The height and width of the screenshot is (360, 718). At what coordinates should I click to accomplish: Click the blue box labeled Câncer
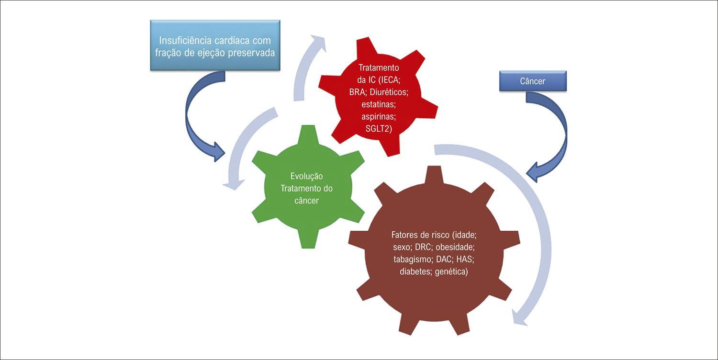click(x=533, y=81)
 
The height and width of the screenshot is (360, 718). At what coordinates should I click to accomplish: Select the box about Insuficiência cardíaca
click(x=215, y=45)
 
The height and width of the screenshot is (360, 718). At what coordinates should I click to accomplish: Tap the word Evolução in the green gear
click(x=306, y=176)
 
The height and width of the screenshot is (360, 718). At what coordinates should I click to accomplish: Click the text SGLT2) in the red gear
click(x=379, y=129)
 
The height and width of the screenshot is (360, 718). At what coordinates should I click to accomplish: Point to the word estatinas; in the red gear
click(x=379, y=104)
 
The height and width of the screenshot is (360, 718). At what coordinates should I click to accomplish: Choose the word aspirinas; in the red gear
click(x=379, y=116)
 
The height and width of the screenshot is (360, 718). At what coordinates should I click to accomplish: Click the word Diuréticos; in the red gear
click(x=389, y=92)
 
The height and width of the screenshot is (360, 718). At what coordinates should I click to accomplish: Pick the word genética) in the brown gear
click(x=451, y=271)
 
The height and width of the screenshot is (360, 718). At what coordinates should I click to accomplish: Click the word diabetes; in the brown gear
click(x=416, y=271)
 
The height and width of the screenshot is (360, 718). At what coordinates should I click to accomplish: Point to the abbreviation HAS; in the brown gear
click(x=465, y=259)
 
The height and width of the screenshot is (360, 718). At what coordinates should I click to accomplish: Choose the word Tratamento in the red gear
click(x=379, y=67)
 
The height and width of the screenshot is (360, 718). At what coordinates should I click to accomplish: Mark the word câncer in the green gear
click(x=306, y=201)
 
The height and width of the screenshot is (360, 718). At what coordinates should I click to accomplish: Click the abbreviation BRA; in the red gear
click(x=358, y=92)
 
